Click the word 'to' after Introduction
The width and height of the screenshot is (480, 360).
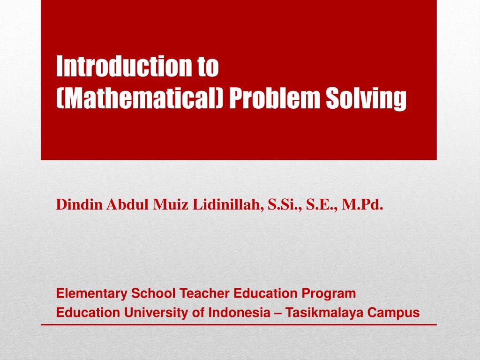point(207,67)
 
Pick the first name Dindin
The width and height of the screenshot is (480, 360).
point(79,204)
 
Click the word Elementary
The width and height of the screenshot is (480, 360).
point(92,294)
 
